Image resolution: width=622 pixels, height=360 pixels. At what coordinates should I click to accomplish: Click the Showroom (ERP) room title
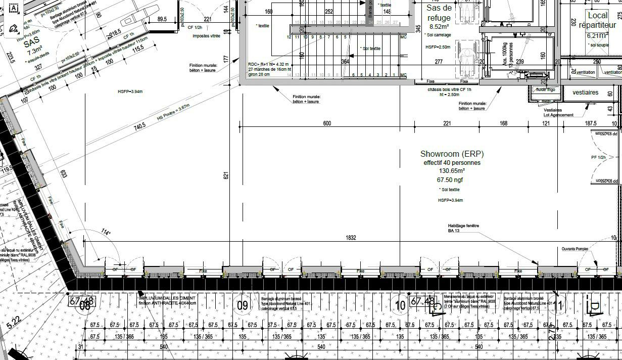451,154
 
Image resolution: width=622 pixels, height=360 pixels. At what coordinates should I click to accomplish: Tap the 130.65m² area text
451,171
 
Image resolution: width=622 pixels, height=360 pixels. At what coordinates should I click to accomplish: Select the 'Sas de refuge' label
439,13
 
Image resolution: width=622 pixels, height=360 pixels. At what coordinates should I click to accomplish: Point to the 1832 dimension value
351,238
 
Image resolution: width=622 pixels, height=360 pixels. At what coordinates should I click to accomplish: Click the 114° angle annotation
105,233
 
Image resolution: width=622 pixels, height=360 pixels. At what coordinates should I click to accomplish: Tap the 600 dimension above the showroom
327,123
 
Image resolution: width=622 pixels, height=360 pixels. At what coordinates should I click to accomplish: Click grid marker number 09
243,305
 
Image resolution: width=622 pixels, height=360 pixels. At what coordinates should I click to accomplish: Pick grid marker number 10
400,305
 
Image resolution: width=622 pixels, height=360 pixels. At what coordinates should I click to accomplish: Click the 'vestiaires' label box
585,93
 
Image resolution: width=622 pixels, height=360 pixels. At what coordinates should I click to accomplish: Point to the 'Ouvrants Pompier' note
575,249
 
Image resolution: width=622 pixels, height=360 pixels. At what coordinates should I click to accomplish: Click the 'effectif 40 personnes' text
452,163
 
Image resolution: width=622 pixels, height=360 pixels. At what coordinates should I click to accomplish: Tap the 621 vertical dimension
226,175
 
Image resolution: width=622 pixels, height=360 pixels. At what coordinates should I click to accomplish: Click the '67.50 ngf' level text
450,179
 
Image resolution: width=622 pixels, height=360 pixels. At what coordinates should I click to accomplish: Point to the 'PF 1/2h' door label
598,157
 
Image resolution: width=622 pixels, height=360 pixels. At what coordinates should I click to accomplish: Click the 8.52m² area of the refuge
439,27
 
